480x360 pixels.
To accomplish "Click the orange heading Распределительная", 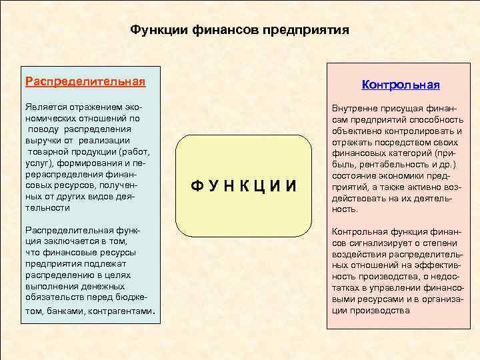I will coord(85,81).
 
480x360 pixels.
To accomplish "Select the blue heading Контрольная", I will coord(401,85).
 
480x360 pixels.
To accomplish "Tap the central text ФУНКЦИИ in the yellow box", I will coord(243,185).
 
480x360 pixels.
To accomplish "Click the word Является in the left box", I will coord(45,107).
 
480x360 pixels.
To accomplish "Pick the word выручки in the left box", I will coord(41,139).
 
